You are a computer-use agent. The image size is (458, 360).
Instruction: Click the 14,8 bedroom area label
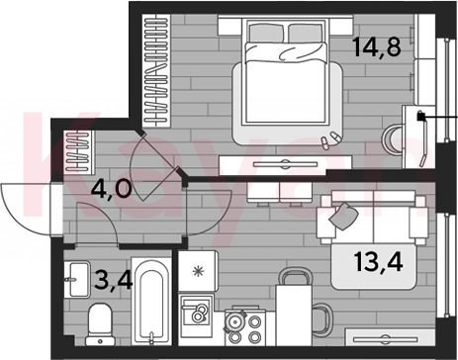(x=377, y=47)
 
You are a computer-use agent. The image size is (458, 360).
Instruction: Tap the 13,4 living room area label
(x=379, y=263)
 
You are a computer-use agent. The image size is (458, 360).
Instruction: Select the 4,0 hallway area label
(x=112, y=189)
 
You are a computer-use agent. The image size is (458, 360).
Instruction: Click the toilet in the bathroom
(x=100, y=324)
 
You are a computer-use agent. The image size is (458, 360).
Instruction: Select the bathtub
(x=151, y=302)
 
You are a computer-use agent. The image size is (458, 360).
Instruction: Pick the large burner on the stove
(x=234, y=321)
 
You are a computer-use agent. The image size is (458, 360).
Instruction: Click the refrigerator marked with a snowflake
(x=198, y=271)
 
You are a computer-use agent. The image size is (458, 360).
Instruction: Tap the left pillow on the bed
(x=266, y=34)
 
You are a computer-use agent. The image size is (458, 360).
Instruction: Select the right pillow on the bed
(x=306, y=34)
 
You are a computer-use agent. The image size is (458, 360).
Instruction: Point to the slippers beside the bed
(x=329, y=139)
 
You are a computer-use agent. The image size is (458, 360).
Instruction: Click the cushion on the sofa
(x=343, y=217)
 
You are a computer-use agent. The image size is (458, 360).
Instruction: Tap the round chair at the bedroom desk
(x=393, y=139)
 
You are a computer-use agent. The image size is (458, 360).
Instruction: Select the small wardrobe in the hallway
(x=78, y=151)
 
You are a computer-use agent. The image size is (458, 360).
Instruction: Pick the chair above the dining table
(x=295, y=277)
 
